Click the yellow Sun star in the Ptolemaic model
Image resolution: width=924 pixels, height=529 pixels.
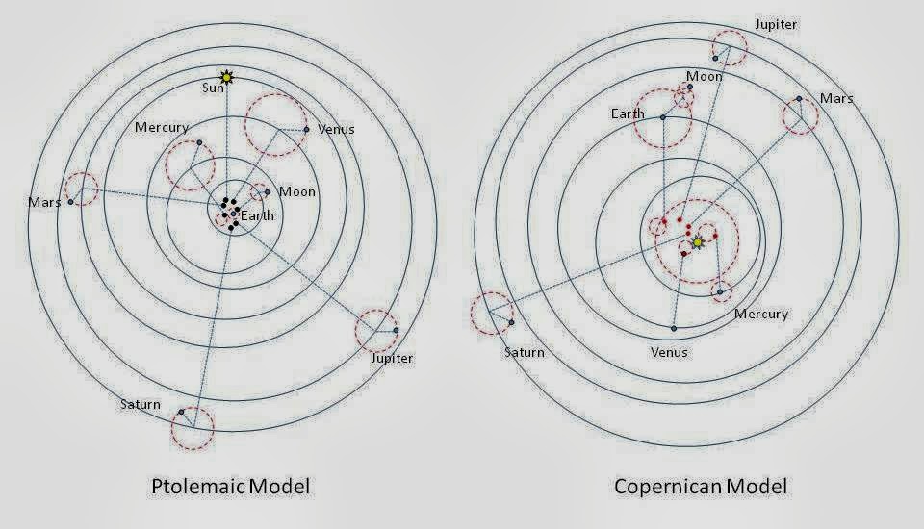coord(226,76)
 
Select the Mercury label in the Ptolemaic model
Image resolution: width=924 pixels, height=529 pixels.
coord(162,127)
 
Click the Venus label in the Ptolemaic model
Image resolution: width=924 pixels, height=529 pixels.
coord(336,129)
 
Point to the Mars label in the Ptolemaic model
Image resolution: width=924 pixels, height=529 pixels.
coord(44,203)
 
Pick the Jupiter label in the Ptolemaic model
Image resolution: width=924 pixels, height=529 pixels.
coord(392,358)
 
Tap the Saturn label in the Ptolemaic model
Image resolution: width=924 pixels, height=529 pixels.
coord(141,404)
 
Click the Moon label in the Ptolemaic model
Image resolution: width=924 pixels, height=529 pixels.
coord(297,191)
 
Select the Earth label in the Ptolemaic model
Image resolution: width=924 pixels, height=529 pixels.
coord(257,215)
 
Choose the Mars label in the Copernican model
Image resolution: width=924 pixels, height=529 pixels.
coord(836,98)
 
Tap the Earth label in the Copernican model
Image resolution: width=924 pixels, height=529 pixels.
coord(627,114)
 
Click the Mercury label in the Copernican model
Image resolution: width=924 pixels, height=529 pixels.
coord(761,314)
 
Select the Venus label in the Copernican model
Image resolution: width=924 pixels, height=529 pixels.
coord(669,352)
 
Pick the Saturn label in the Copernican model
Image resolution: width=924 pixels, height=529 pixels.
coord(525,352)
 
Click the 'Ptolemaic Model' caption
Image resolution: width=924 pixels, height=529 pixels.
coord(231,486)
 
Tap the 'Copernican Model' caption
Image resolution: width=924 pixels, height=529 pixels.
coord(701,486)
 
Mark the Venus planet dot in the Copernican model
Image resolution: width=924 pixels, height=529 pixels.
coord(674,329)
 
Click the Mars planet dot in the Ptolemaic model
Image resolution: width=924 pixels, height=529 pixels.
coord(70,202)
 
